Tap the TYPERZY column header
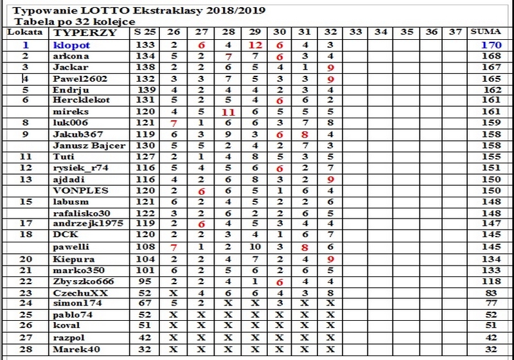pyautogui.click(x=76, y=32)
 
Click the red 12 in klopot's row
pyautogui.click(x=254, y=46)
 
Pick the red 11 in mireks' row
pyautogui.click(x=227, y=112)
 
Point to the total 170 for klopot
pyautogui.click(x=491, y=46)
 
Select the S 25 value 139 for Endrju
pyautogui.click(x=147, y=89)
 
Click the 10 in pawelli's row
pyautogui.click(x=254, y=247)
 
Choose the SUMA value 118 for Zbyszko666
pyautogui.click(x=492, y=281)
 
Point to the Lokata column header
pyautogui.click(x=25, y=32)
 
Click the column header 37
pyautogui.click(x=456, y=32)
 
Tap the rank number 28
pyautogui.click(x=26, y=349)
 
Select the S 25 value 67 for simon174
pyautogui.click(x=147, y=303)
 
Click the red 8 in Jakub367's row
pyautogui.click(x=305, y=134)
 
